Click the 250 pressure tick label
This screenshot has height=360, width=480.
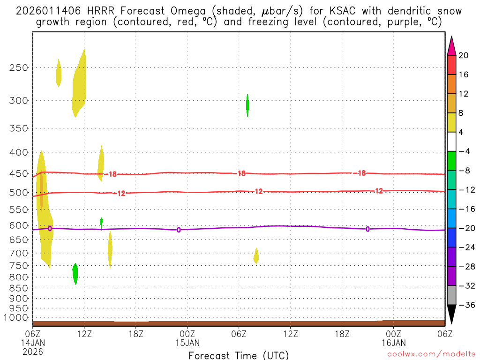[19, 67]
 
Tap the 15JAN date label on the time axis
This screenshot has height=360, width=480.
[187, 342]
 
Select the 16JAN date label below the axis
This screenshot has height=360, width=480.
[393, 342]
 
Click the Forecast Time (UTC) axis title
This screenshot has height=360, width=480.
[239, 355]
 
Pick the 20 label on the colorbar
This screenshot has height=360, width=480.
[463, 55]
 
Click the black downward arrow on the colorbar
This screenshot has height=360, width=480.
[451, 315]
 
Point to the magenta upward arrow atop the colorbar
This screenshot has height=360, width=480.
[451, 45]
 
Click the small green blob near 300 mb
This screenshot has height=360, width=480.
[247, 105]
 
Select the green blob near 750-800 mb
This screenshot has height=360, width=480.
[75, 273]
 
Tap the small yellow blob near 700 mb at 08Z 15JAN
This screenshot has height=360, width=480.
[256, 255]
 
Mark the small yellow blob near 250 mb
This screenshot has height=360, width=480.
[59, 73]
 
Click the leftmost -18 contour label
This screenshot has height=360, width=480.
[112, 174]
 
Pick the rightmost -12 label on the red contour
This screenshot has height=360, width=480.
[378, 191]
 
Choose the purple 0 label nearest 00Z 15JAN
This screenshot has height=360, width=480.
[179, 230]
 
